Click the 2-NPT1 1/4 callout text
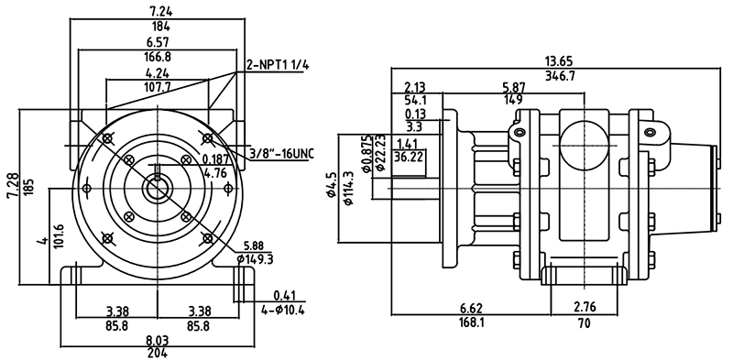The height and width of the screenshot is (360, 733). click(279, 65)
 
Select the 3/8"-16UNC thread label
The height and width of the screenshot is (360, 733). click(282, 154)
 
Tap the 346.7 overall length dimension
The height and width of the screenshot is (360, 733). click(560, 75)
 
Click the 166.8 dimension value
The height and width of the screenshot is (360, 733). click(159, 57)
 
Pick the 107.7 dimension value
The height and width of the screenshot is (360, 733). click(157, 87)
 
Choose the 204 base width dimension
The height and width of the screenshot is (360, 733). click(158, 352)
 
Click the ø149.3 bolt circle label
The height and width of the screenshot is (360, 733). click(255, 258)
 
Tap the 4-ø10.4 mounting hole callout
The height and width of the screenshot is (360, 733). click(282, 310)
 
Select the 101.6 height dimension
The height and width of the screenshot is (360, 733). click(59, 236)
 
